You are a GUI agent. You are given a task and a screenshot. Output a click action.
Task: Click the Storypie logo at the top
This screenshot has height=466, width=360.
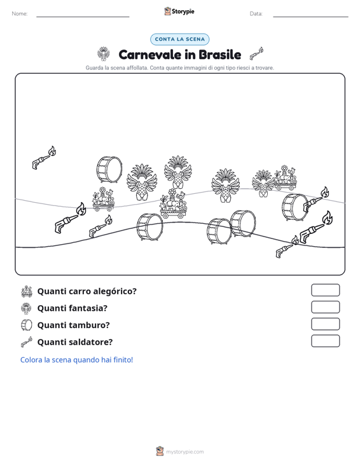(x=179, y=11)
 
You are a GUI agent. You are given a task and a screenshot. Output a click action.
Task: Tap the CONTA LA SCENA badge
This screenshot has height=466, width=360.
(x=179, y=39)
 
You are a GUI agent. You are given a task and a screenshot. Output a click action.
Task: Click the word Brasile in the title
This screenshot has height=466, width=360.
(x=219, y=55)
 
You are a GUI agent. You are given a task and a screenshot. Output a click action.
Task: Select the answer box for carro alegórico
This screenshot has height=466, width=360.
(x=325, y=290)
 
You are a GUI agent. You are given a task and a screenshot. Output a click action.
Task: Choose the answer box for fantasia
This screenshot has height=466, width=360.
(x=325, y=307)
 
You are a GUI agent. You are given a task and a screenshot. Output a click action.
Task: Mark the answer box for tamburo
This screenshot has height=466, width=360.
(x=325, y=324)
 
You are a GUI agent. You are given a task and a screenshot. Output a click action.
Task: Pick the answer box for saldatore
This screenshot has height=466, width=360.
(x=325, y=341)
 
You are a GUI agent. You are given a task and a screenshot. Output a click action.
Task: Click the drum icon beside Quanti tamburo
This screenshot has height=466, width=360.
(x=27, y=325)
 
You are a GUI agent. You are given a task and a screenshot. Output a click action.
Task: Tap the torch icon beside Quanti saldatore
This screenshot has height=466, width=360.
(x=27, y=342)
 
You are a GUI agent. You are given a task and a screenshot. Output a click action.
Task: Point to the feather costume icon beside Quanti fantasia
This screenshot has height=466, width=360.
(x=27, y=308)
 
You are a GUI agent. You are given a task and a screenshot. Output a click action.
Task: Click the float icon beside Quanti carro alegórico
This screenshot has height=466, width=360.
(x=27, y=291)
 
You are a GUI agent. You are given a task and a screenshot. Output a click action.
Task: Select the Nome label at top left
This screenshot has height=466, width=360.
(x=20, y=14)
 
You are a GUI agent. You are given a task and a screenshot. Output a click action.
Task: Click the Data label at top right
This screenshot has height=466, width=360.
(x=256, y=14)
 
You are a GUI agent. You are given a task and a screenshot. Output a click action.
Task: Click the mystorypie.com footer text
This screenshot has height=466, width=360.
(x=184, y=452)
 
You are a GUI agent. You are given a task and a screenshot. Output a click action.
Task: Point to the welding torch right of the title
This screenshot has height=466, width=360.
(x=256, y=53)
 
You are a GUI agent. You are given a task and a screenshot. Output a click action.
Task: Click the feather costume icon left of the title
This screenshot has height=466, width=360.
(x=104, y=54)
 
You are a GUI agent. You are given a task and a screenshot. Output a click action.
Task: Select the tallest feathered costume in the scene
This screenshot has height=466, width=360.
(x=177, y=172)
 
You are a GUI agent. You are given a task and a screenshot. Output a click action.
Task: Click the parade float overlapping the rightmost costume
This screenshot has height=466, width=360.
(x=285, y=178)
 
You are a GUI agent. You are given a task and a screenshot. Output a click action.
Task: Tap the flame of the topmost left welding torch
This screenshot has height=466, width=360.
(x=52, y=151)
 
